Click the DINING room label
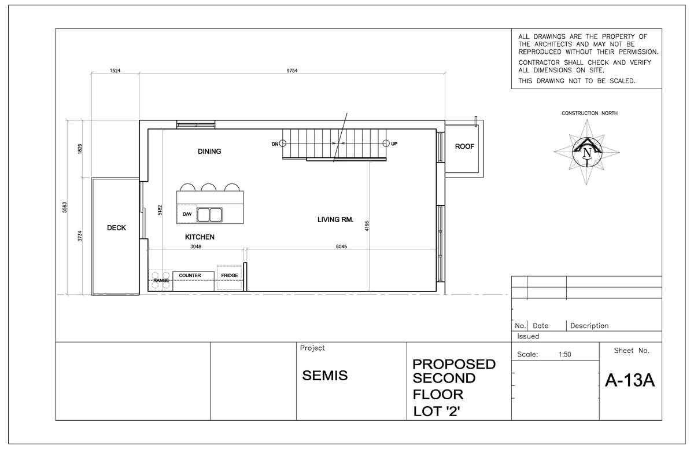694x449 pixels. coord(209,152)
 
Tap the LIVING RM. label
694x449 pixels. coord(335,220)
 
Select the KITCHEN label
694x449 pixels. coord(200,237)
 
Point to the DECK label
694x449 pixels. coord(116,228)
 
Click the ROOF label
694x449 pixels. coord(464,146)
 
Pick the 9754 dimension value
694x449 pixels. coord(292,71)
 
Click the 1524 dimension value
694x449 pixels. coord(115,71)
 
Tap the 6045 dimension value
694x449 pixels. coord(341,246)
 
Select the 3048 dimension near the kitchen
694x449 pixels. coord(196,246)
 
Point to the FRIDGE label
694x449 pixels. coord(230,275)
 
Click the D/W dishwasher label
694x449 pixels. coord(187,214)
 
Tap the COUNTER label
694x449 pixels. coord(190,275)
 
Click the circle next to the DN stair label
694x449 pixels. coord(283,143)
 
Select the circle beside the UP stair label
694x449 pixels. coord(386,143)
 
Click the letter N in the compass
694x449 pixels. coord(587,153)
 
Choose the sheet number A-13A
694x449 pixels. coord(630,380)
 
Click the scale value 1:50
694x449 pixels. coord(565,355)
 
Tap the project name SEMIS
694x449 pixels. coord(325,376)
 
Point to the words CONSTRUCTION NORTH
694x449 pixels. coord(589,113)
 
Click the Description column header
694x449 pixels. coord(589,326)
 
